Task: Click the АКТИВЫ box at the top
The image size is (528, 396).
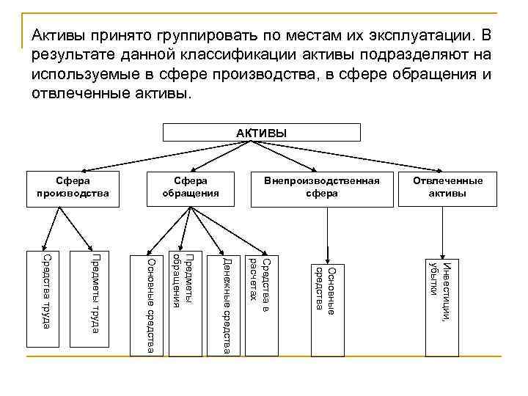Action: pos(261,133)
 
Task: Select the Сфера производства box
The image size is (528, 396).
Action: pos(72,188)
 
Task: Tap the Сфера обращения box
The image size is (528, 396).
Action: pos(190,188)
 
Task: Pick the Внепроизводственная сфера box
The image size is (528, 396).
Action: pos(323,188)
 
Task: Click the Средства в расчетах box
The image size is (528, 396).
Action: pos(261,279)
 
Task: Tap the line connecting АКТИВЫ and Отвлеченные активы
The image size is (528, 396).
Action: pos(352,157)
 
